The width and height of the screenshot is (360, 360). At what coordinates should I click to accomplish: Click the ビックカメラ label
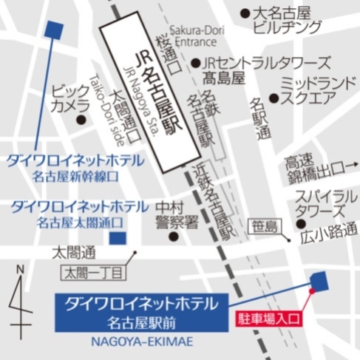click(x=71, y=98)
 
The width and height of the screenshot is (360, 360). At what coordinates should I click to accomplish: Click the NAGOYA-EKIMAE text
click(x=140, y=341)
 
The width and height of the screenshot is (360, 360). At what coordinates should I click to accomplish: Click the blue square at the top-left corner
click(x=52, y=29)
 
